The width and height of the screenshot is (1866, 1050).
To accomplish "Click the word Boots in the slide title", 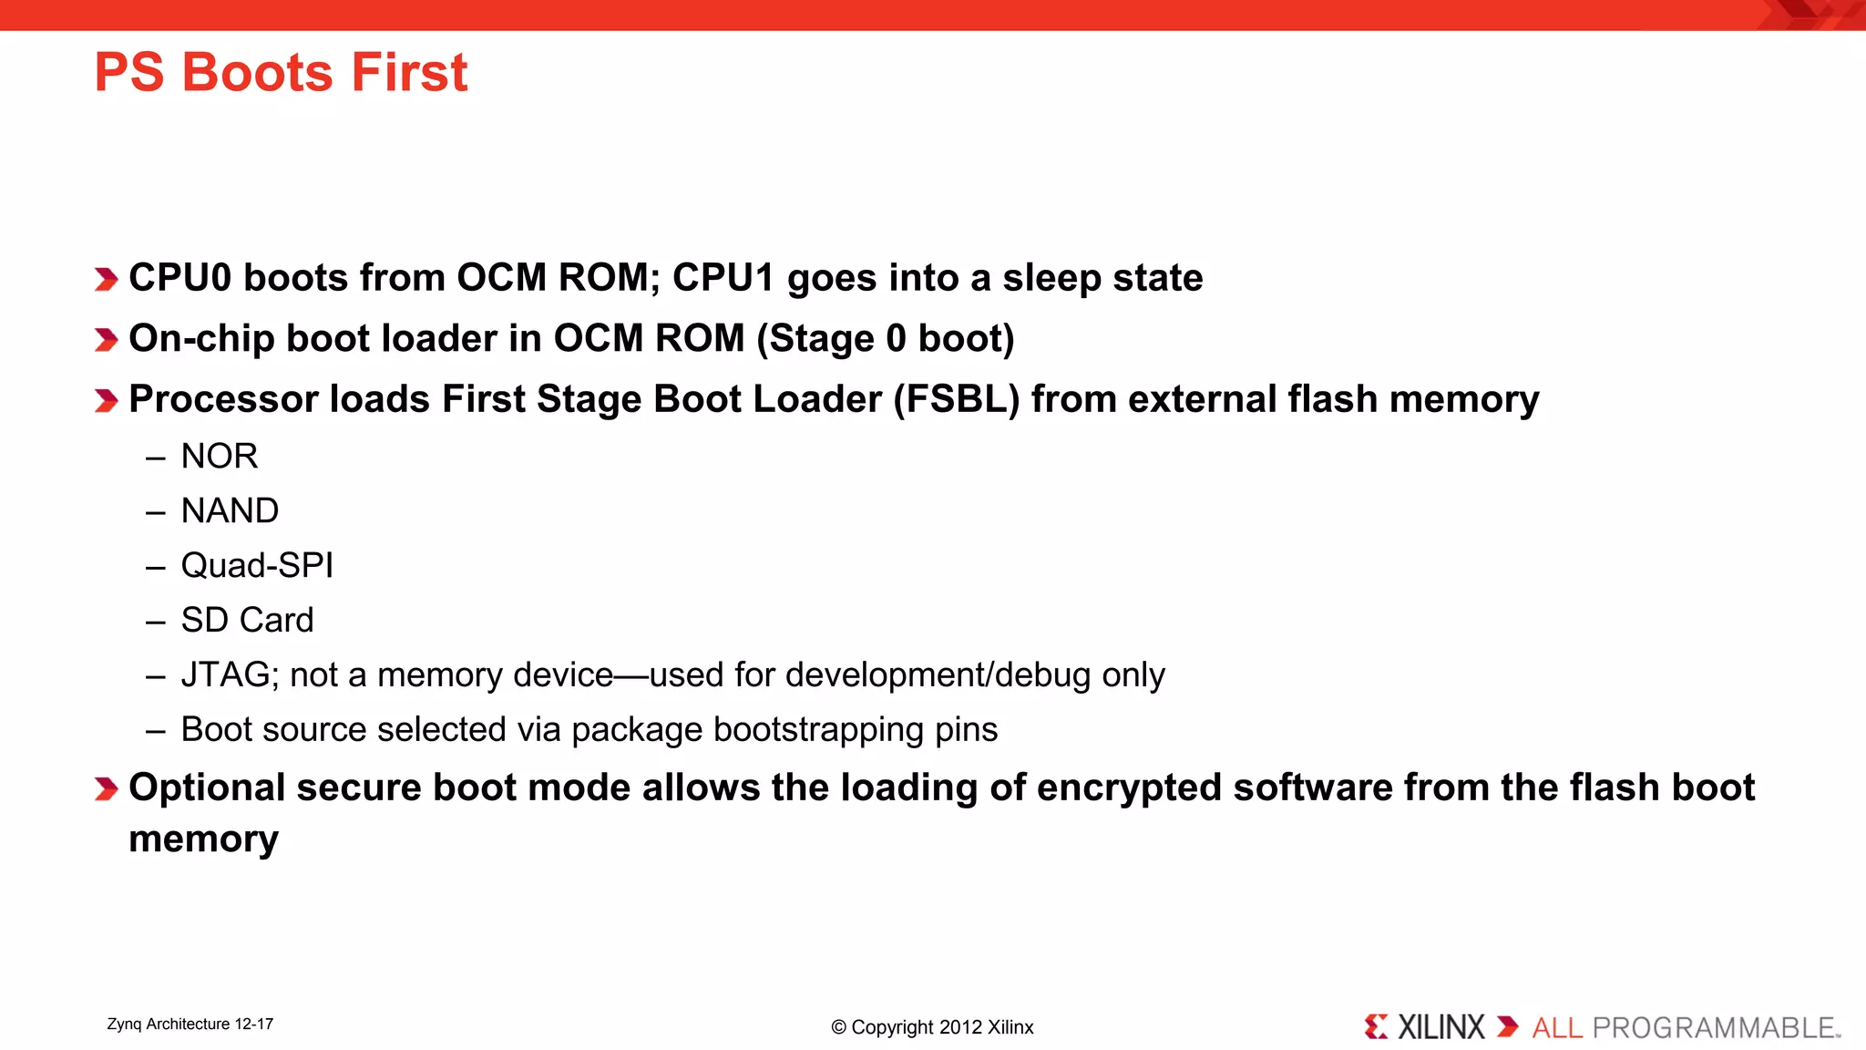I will click(x=259, y=73).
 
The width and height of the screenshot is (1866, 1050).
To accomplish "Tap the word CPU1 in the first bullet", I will click(x=723, y=278).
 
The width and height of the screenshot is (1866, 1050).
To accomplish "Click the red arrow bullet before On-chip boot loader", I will click(x=106, y=340).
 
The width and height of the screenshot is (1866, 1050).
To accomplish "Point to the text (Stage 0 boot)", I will click(x=885, y=339).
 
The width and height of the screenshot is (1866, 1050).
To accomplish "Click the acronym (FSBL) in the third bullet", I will click(x=957, y=399).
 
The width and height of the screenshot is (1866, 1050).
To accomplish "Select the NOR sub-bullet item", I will click(x=219, y=456).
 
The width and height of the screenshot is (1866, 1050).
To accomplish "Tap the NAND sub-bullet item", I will click(x=230, y=510).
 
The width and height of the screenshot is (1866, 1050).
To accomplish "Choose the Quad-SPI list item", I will click(x=257, y=566).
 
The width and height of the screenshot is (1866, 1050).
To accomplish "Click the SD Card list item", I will click(x=247, y=621).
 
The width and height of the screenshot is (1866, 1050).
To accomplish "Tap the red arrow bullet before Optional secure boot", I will click(x=106, y=788).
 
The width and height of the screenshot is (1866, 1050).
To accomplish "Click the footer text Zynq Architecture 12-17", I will click(x=190, y=1024).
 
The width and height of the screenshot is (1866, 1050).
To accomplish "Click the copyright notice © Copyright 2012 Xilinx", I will click(x=932, y=1027).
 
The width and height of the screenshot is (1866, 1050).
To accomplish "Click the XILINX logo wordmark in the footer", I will click(x=1441, y=1027).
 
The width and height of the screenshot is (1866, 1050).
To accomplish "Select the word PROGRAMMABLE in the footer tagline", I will click(x=1713, y=1028).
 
